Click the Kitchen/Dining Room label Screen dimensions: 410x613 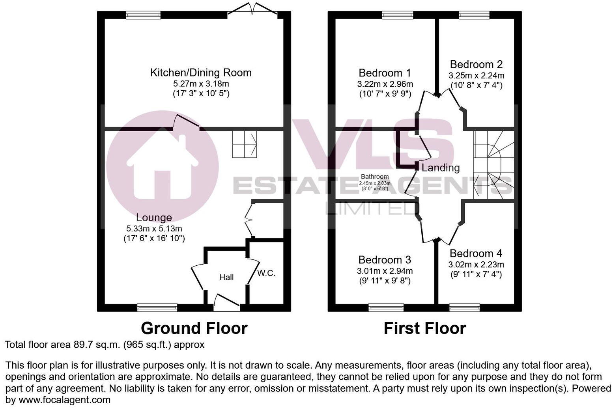(201, 73)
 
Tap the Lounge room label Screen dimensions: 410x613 (154, 218)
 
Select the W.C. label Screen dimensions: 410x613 (266, 273)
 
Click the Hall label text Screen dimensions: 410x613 (226, 278)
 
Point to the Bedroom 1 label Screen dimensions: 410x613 (385, 73)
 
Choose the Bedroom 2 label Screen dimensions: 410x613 (476, 64)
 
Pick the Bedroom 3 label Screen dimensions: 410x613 (385, 260)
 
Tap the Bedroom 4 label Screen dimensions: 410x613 (476, 253)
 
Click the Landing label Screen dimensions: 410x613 (441, 168)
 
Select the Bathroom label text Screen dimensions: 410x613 (375, 177)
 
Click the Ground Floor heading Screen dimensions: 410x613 (194, 328)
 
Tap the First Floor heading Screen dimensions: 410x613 (425, 328)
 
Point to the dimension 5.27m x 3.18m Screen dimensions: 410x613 (201, 84)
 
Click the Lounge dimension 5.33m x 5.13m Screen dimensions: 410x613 (154, 228)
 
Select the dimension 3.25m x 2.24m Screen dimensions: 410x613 (476, 75)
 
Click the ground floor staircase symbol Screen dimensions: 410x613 (245, 144)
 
